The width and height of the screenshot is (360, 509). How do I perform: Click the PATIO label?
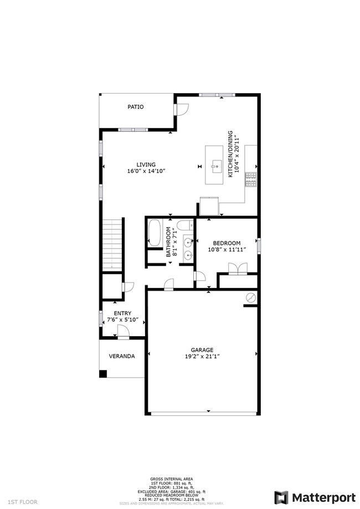point(136,107)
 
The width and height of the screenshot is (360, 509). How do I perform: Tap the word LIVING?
point(146,164)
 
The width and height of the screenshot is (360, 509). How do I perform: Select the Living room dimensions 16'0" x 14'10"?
point(146,172)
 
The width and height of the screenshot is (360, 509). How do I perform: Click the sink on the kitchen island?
point(216,164)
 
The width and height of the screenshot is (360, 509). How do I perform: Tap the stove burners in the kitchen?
point(251,178)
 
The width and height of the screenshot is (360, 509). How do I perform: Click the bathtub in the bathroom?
point(155,234)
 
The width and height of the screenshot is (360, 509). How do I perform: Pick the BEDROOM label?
point(228,243)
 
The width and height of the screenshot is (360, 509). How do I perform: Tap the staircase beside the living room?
point(112,244)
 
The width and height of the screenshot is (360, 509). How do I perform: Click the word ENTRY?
point(122,313)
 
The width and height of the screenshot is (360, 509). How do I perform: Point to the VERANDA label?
point(121,356)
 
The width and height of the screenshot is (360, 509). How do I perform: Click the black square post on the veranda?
point(103,374)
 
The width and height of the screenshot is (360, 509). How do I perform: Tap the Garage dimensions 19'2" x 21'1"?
point(202,357)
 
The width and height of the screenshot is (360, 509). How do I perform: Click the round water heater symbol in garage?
point(250,298)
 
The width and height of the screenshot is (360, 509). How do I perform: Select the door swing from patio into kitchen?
point(183,109)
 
